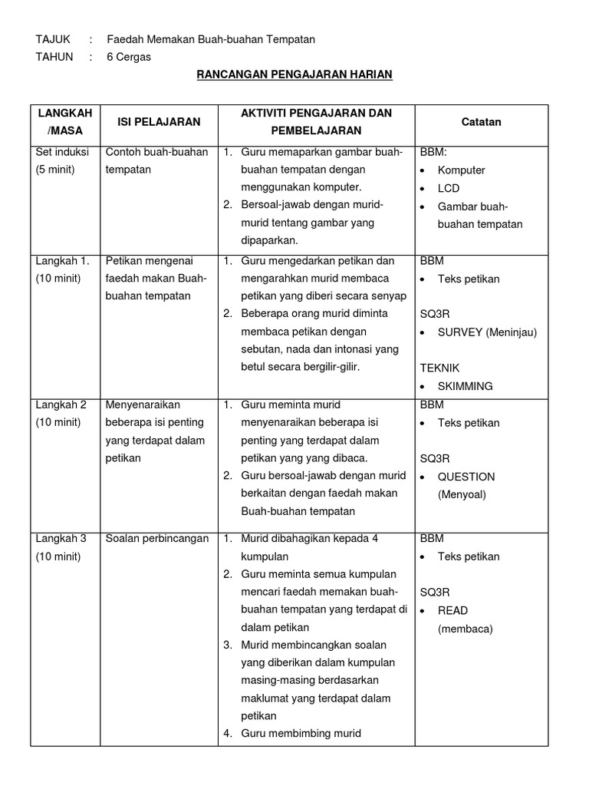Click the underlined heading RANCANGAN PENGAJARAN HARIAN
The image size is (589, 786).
tap(294, 74)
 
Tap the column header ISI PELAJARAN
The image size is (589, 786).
tap(159, 122)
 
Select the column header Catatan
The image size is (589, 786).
tap(481, 122)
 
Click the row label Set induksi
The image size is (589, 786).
tap(61, 152)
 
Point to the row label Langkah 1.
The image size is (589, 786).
tap(63, 261)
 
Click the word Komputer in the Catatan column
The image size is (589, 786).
tap(461, 170)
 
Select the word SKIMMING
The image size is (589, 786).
tap(465, 386)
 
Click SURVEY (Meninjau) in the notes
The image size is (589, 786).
tap(487, 332)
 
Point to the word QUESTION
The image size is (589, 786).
tap(466, 477)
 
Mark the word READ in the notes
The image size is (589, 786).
tap(452, 611)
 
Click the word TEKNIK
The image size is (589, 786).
tap(439, 368)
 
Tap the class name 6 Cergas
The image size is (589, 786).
tap(129, 57)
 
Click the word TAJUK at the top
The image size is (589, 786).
tap(53, 39)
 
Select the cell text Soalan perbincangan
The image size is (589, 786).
tap(157, 539)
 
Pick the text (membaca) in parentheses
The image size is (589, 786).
tap(465, 629)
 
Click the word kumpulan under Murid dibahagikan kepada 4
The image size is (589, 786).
tap(265, 556)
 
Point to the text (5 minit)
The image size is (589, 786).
tap(55, 170)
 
